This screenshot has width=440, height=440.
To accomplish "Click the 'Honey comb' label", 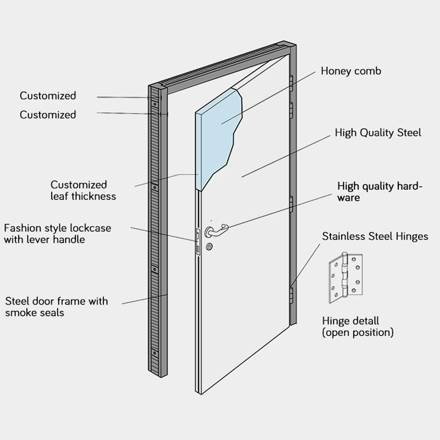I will (x=350, y=71).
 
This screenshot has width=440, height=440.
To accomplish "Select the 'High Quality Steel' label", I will (x=378, y=133).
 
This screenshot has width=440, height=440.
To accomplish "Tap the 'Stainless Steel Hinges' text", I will (x=375, y=237).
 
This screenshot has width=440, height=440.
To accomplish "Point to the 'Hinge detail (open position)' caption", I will (x=358, y=327).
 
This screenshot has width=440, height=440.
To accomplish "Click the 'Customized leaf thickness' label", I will (x=83, y=190).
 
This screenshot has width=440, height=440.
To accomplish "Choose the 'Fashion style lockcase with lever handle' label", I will (x=57, y=233).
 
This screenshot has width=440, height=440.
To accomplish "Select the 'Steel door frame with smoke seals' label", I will (x=57, y=307).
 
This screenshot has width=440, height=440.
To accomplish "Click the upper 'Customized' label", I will (x=48, y=96).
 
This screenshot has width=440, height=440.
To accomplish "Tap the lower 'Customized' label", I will (x=48, y=115).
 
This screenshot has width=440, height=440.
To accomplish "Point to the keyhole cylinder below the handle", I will (x=210, y=247).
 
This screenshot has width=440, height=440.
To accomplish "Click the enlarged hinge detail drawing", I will (x=345, y=278).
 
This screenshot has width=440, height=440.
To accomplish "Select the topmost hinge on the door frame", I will (x=291, y=82).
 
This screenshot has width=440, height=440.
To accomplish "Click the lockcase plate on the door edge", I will (x=197, y=240).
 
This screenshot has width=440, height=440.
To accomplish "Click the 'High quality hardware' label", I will (x=380, y=191).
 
